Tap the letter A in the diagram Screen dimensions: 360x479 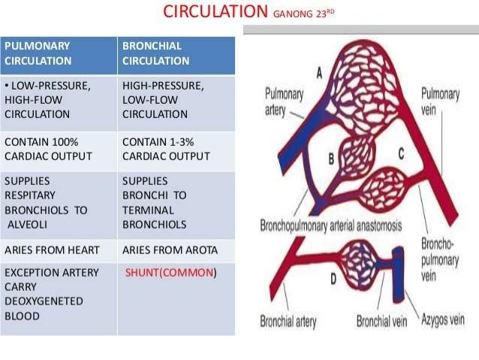[319, 73]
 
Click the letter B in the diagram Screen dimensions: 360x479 [331, 159]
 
